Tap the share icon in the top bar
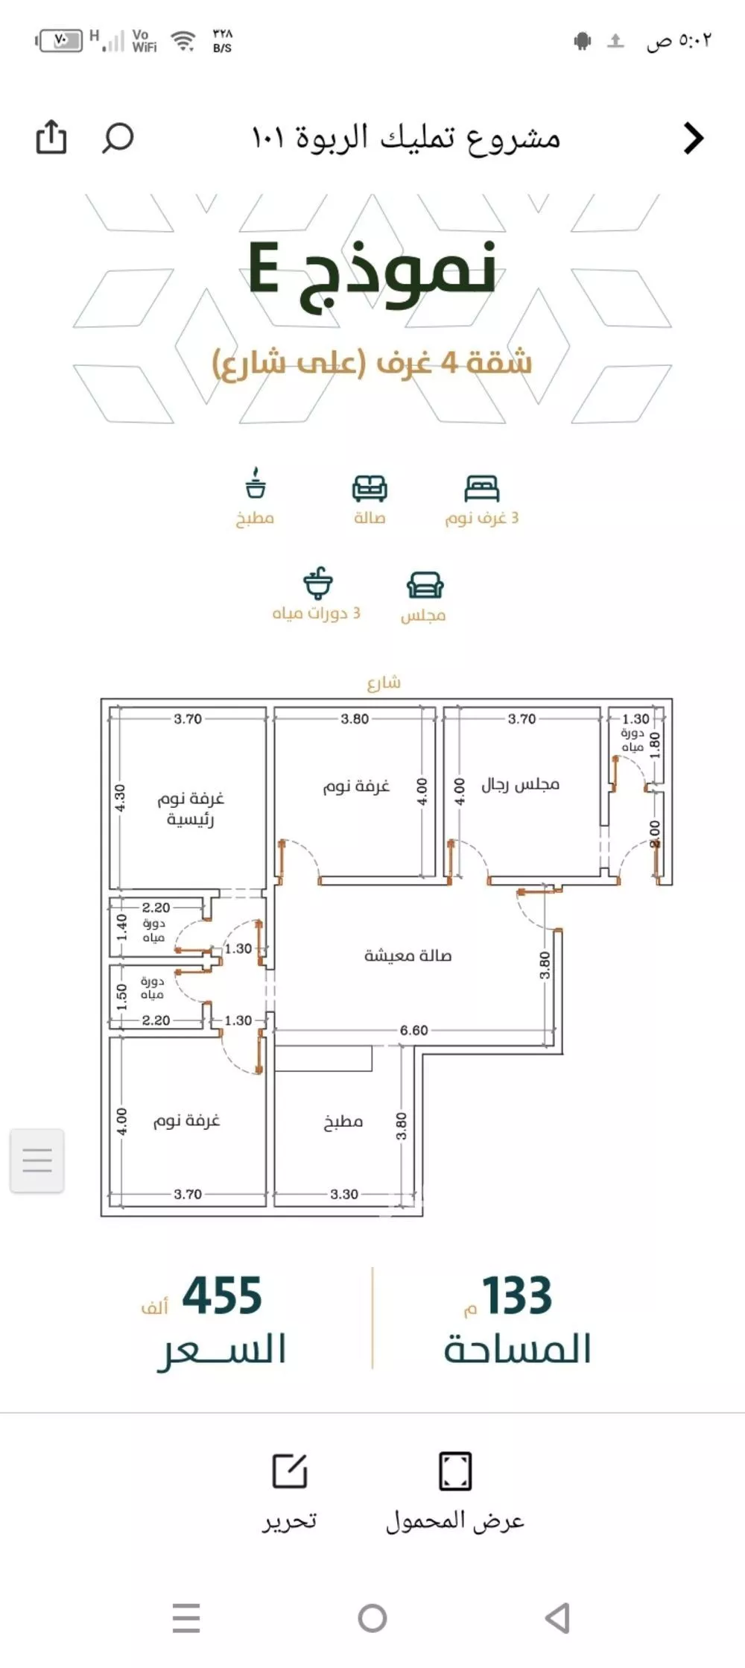point(51,137)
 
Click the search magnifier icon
point(118,138)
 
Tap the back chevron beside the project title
point(694,138)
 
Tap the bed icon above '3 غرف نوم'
point(481,488)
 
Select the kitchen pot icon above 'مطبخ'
point(256,484)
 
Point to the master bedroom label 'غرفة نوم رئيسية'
point(190,809)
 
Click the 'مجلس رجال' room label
point(520,784)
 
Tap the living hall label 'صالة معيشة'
point(408,955)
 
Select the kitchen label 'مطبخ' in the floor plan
point(343,1122)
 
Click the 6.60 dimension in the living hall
point(413,1030)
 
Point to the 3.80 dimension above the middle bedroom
point(355,718)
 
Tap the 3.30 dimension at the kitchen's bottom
point(344,1194)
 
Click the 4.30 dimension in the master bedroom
point(120,797)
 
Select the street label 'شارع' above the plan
point(384,682)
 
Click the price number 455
point(222,1296)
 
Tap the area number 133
point(517,1296)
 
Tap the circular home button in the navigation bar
point(372,1618)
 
